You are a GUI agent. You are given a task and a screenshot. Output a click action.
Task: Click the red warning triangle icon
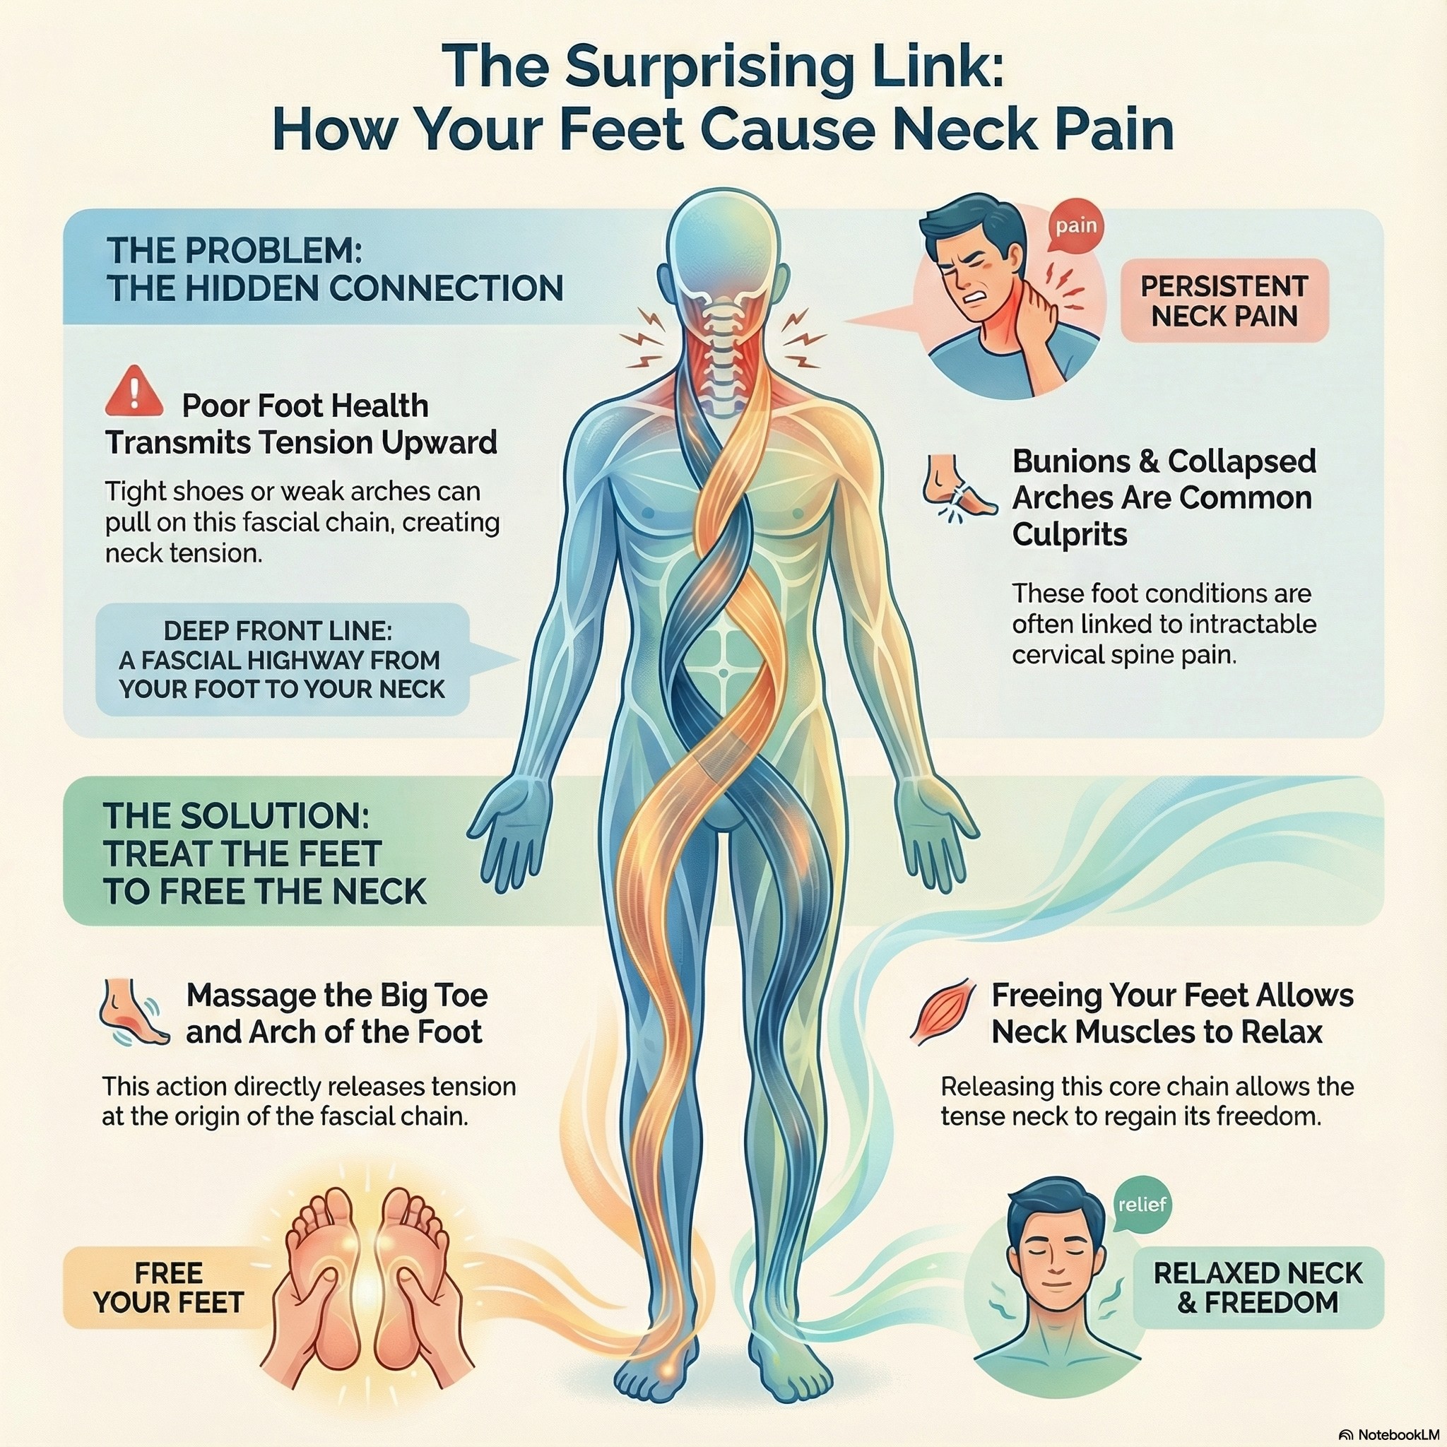click(x=135, y=391)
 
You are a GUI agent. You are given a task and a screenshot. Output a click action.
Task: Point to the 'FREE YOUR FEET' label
click(x=169, y=1287)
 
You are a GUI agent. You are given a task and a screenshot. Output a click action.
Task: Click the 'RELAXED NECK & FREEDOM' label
click(x=1258, y=1287)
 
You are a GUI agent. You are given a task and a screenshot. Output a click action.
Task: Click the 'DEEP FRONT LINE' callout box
click(x=283, y=660)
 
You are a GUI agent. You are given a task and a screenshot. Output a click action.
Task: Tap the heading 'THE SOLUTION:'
click(x=237, y=815)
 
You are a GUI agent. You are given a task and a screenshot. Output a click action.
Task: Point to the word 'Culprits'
click(x=1070, y=535)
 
